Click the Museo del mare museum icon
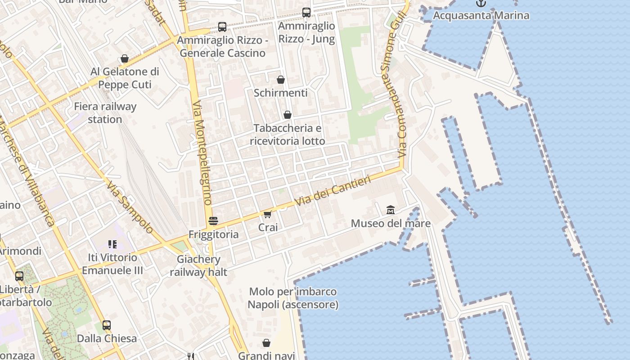point(390,210)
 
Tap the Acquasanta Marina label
point(481,16)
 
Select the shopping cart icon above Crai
point(268,214)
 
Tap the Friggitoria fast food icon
point(213,221)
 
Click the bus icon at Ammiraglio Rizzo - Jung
point(306,13)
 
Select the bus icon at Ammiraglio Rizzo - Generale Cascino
point(222,27)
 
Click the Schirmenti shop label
point(280,93)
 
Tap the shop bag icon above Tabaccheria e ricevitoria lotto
point(287,115)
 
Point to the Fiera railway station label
point(105,113)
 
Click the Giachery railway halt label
point(198,265)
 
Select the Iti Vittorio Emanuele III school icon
point(112,244)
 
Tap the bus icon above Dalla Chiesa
point(107,325)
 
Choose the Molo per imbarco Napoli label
point(292,298)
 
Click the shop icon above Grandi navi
point(266,343)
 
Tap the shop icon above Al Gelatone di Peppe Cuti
point(125,58)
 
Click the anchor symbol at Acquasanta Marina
point(481,3)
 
